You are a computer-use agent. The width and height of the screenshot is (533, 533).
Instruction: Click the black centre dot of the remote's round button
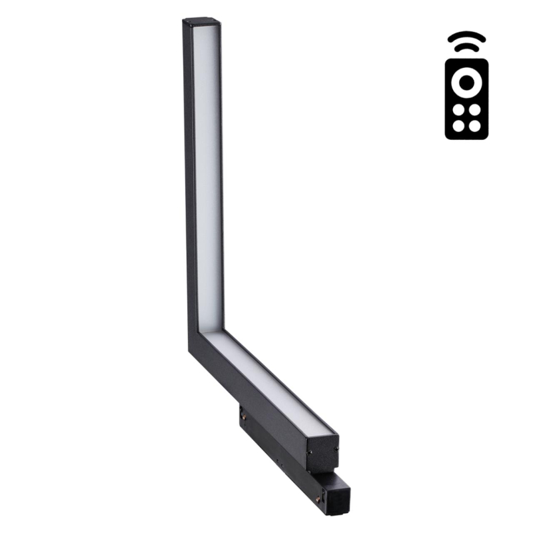(x=466, y=81)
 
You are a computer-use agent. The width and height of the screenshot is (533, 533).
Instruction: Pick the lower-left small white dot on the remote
(x=458, y=125)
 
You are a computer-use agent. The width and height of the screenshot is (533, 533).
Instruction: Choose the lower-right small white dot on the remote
(x=474, y=125)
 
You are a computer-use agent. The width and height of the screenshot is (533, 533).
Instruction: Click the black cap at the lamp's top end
(x=201, y=22)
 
